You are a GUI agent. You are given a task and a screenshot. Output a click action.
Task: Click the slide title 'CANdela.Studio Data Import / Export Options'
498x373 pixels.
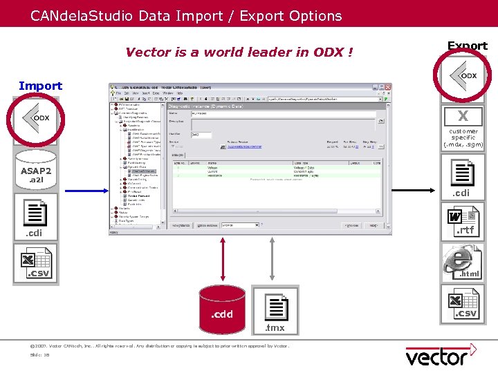(185, 15)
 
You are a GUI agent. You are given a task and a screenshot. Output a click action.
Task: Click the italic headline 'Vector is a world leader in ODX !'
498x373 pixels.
(239, 52)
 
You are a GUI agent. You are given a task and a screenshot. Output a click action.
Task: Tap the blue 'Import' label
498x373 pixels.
(40, 86)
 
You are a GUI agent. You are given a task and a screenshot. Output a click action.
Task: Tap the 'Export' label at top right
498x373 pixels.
(467, 46)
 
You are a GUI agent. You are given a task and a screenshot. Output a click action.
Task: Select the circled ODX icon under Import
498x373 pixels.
(37, 118)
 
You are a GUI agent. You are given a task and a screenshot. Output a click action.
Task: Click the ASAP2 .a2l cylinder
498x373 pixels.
(36, 171)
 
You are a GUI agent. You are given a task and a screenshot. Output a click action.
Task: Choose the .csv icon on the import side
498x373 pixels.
(37, 265)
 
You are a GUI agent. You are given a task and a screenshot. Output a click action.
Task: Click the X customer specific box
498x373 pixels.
(462, 116)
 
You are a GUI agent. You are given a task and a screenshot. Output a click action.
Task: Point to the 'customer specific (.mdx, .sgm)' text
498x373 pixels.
(463, 137)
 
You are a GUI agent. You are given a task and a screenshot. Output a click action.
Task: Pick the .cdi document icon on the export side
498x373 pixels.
(461, 177)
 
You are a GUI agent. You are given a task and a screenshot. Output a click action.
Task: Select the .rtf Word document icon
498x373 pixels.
(461, 222)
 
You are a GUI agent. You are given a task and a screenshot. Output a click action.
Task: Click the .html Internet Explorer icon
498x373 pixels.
(462, 265)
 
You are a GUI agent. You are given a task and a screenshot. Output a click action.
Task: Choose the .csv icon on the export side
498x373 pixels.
(462, 305)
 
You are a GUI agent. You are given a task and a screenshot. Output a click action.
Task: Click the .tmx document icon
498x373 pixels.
(275, 309)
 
